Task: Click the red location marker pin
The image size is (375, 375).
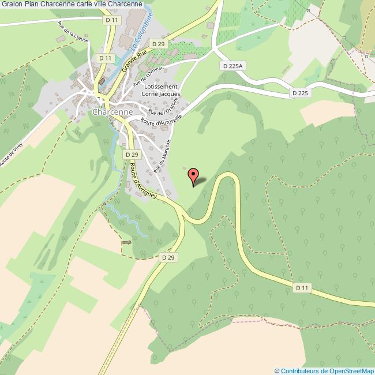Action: (193, 175)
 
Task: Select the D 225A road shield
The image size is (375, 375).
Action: (232, 66)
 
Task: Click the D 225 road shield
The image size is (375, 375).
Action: (299, 92)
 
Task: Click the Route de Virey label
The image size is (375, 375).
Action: (13, 154)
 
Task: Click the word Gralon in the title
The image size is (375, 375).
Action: (12, 5)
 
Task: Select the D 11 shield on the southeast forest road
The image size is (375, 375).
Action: (302, 287)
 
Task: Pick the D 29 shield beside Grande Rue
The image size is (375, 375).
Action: (157, 44)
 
